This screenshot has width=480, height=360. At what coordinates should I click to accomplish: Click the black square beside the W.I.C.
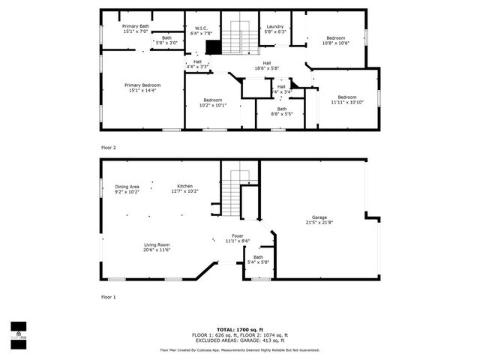click(x=213, y=47)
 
